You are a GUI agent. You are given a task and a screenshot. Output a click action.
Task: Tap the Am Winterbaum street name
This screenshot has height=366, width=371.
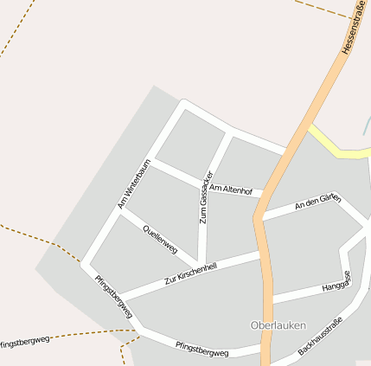coord(134,183)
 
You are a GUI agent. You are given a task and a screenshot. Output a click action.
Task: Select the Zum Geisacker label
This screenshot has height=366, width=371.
coord(204,197)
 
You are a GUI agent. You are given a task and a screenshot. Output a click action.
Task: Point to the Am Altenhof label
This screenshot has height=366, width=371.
coord(230,189)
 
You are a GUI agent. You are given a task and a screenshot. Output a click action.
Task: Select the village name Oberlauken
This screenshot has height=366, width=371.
coord(278,324)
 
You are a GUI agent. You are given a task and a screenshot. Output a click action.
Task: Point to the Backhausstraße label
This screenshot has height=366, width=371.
coord(320,337)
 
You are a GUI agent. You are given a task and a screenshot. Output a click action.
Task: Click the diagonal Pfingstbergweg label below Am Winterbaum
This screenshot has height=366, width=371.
coord(114,296)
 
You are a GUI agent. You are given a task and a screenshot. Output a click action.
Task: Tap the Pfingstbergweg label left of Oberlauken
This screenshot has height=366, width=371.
coord(201,351)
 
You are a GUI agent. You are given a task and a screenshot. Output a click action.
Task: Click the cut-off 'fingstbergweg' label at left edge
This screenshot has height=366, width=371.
coord(24,340)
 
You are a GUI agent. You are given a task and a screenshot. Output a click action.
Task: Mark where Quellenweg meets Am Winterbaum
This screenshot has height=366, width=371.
coord(121,213)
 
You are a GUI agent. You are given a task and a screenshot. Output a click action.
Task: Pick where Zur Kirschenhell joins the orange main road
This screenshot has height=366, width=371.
coord(259,254)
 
